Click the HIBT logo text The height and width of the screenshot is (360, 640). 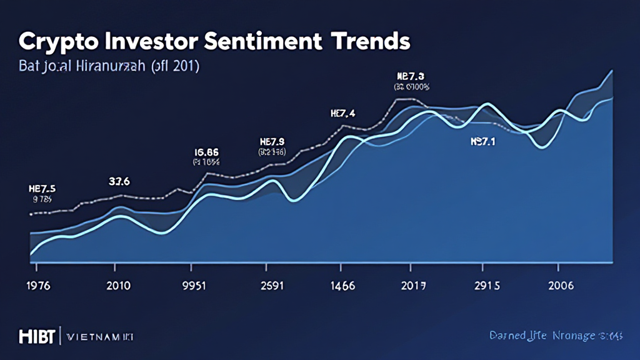click(37, 336)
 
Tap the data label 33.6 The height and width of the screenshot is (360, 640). click(119, 182)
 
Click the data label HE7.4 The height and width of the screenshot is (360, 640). click(342, 113)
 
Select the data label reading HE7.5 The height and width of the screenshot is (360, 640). click(42, 189)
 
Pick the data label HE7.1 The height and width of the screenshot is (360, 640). click(482, 142)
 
